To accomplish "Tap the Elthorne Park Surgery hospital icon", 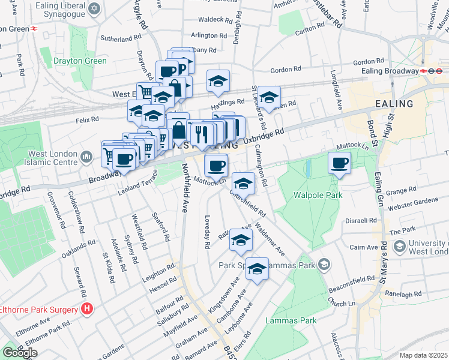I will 87,310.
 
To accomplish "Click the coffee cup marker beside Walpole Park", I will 340,163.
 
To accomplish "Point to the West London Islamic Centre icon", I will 86,158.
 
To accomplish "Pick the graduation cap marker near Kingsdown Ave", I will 257,269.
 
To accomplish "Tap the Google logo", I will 20,353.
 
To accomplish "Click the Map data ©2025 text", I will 424,355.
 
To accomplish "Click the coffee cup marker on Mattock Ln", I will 216,164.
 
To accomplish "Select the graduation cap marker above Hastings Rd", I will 218,80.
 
